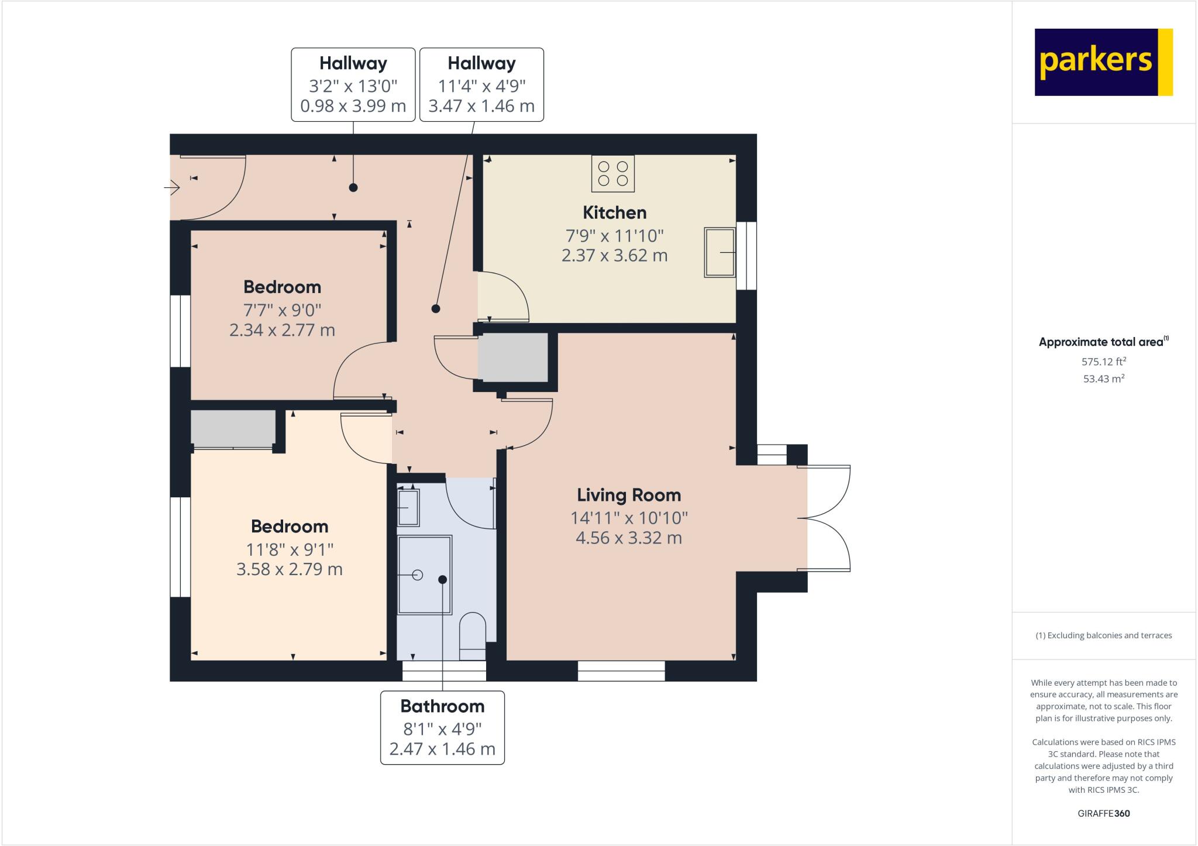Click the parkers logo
point(1103,62)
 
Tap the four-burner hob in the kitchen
point(612,174)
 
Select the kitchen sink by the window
point(720,252)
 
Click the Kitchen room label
point(614,212)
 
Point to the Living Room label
point(629,495)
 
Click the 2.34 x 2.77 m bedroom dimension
point(282,330)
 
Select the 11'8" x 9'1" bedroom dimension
point(290,549)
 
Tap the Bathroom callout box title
point(442,706)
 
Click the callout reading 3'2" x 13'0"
point(353,85)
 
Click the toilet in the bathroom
point(472,635)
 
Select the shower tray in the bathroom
point(425,575)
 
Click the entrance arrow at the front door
point(172,188)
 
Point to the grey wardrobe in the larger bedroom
point(233,429)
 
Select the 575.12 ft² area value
point(1103,362)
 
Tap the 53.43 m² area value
point(1103,379)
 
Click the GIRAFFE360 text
point(1103,813)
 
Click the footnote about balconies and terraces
point(1103,635)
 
